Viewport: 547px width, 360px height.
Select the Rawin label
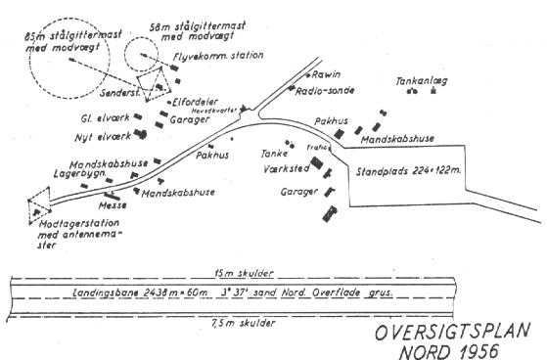tap(327, 74)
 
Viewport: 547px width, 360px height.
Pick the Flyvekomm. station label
tap(218, 57)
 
